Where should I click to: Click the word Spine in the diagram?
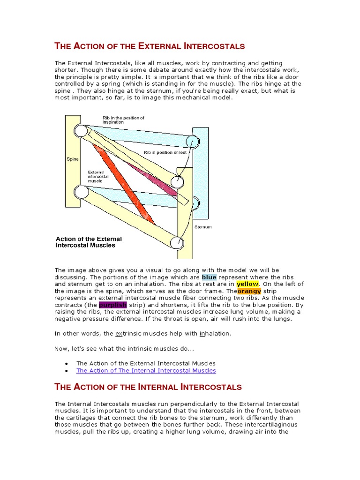72,159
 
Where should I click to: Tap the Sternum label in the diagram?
203,227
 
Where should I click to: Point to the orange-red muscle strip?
124,183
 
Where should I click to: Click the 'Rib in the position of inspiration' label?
123,120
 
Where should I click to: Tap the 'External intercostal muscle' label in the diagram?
98,176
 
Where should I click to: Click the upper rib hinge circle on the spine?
81,131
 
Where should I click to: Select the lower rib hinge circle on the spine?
81,192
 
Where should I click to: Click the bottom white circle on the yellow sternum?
177,242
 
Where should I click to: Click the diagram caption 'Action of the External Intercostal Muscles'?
89,242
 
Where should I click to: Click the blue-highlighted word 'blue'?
210,277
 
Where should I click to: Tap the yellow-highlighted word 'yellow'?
247,284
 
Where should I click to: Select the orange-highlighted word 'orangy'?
249,291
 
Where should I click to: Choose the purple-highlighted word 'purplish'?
113,305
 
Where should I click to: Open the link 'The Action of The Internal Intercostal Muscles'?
146,370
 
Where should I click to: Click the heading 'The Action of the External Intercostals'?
150,46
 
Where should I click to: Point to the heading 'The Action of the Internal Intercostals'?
148,387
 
